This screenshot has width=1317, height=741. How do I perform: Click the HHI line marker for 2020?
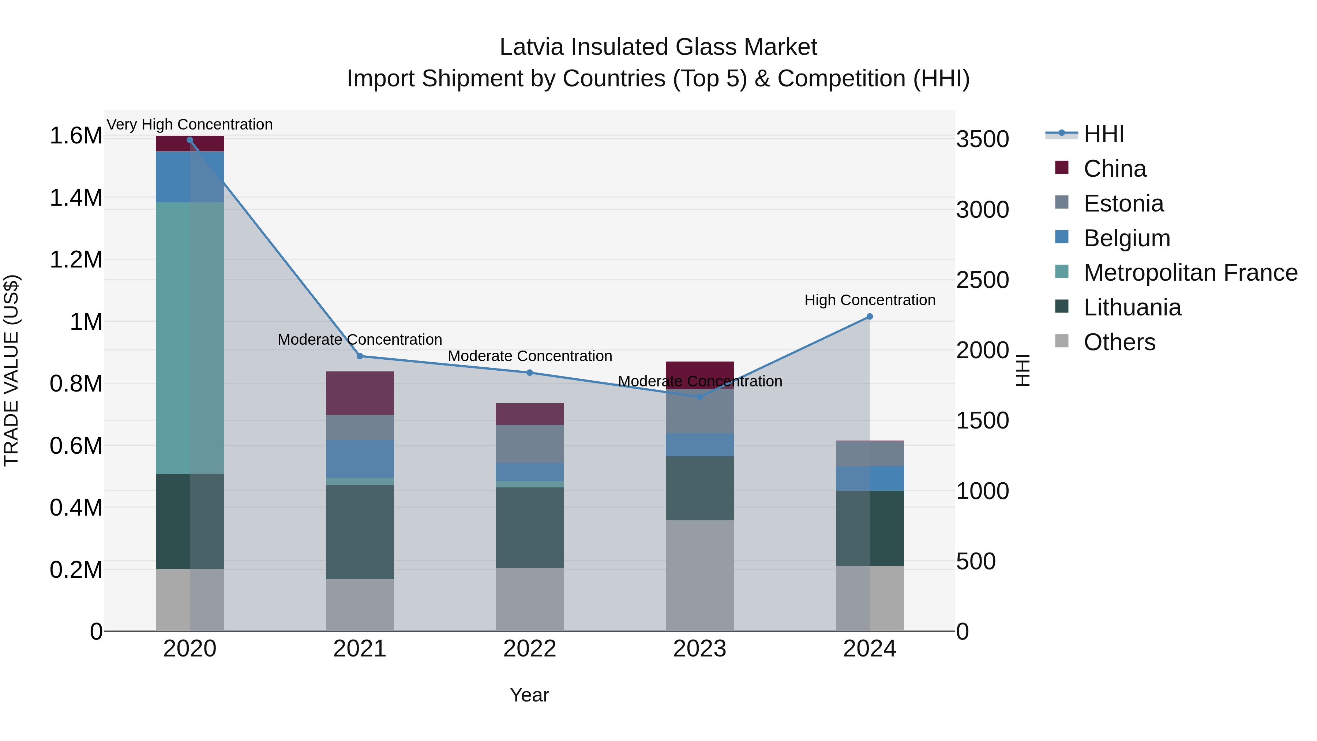(190, 140)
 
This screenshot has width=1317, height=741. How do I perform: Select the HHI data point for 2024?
(870, 317)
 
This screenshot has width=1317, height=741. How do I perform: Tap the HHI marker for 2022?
(530, 373)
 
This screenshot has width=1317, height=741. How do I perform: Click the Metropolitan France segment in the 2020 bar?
(190, 337)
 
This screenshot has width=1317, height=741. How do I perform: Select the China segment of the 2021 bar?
(360, 393)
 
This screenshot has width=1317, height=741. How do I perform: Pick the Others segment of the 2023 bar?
(699, 575)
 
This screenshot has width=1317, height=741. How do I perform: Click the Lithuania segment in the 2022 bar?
(530, 527)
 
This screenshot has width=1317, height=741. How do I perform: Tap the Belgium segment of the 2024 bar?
(870, 478)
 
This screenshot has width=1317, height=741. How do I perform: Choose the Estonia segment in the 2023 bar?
(699, 411)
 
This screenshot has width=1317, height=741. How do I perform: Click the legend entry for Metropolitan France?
(1190, 273)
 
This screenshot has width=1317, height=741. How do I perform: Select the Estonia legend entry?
(1123, 203)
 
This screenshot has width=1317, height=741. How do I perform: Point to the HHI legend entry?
(1103, 134)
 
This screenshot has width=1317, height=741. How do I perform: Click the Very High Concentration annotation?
(190, 124)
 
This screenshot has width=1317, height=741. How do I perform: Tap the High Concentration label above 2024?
(870, 300)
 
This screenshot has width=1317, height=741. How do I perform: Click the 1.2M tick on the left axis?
(76, 260)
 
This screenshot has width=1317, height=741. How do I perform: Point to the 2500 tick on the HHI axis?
(982, 280)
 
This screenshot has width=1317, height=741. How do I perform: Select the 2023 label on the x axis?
(699, 649)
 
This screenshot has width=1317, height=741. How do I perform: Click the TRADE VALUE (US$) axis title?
(11, 370)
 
